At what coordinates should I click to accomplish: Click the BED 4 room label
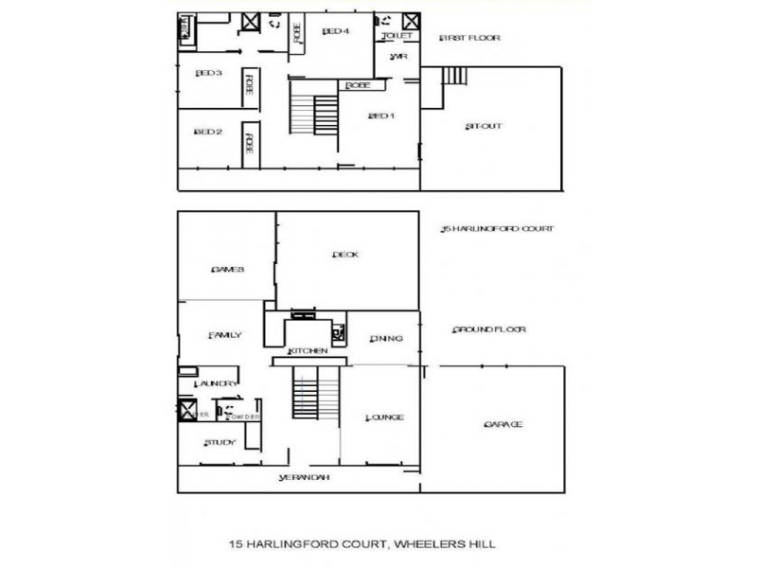coord(336,31)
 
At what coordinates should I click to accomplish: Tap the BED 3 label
coord(208,73)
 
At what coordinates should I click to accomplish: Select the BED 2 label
coord(208,132)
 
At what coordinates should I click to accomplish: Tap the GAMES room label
coord(228,269)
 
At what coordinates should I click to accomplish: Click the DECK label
coord(344,254)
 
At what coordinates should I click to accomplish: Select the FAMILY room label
coord(225,335)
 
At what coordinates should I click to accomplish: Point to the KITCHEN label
coord(308,351)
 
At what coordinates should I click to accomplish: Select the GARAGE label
coord(502,424)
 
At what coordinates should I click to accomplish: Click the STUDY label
coord(220,442)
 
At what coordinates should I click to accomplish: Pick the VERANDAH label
coord(304,478)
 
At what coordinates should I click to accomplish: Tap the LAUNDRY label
coord(215,383)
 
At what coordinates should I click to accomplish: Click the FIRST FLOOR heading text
coord(469,38)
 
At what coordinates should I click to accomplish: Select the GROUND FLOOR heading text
coord(489,329)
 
